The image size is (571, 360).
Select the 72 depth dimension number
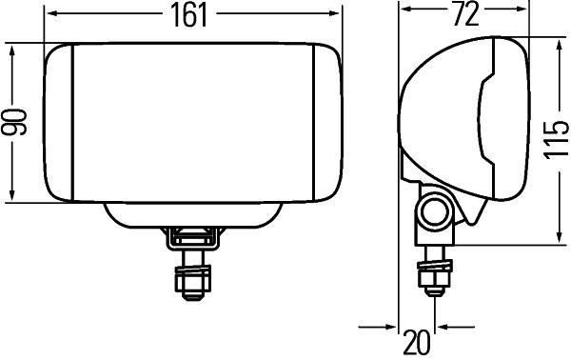[x=463, y=14]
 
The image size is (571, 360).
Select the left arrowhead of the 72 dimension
[x=404, y=14]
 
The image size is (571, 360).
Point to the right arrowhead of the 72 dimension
[x=523, y=14]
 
